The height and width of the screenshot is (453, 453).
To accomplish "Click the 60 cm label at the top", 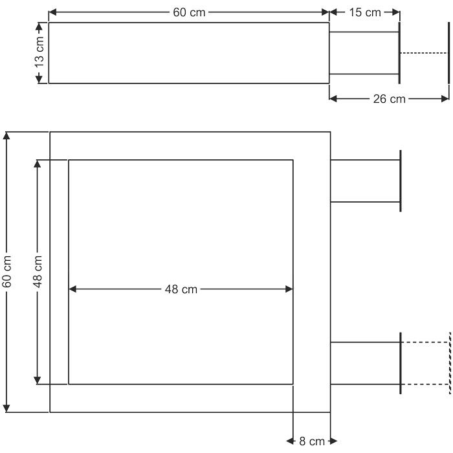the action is click(x=189, y=12).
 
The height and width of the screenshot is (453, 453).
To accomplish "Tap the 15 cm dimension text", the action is click(x=365, y=12).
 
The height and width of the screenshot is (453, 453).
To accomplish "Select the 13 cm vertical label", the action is click(x=39, y=52).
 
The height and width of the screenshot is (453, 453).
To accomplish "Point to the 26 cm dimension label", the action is click(x=389, y=99).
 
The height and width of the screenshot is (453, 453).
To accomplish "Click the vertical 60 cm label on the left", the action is click(x=6, y=272).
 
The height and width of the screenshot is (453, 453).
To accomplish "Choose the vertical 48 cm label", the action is click(x=38, y=272).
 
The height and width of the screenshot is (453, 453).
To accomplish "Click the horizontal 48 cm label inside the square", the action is click(x=181, y=289).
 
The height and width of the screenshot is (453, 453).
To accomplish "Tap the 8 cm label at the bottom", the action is click(x=312, y=441).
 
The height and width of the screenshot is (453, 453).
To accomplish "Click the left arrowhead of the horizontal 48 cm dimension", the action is click(x=72, y=289).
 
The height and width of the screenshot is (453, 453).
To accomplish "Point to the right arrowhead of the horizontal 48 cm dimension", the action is click(x=289, y=289).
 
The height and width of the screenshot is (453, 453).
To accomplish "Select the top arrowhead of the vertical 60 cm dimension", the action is click(x=6, y=136).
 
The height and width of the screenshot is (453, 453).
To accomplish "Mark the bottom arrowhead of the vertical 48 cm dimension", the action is click(x=38, y=381).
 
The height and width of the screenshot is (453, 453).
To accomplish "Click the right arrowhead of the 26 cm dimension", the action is click(x=445, y=99).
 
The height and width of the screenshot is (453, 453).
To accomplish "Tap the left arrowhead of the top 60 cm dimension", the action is click(x=52, y=12).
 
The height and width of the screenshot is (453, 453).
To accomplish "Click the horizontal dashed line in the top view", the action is click(x=424, y=53).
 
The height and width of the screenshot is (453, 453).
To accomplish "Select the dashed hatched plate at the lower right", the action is click(x=450, y=363).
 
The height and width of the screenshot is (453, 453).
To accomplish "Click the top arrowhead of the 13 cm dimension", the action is click(x=39, y=27).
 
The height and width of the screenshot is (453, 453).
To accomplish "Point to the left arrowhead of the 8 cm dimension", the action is click(x=290, y=441).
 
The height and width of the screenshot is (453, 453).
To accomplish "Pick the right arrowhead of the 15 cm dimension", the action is click(x=395, y=12).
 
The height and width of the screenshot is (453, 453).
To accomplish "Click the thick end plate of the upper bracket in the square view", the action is click(x=401, y=181).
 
